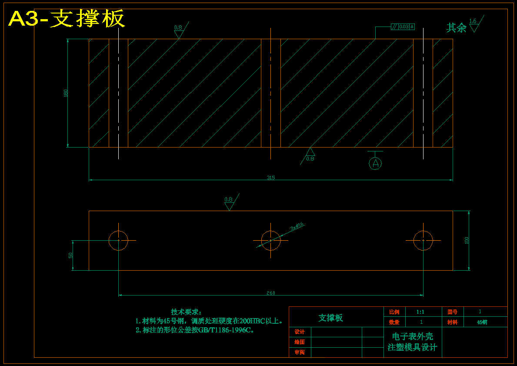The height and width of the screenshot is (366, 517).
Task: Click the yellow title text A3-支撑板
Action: pos(67,19)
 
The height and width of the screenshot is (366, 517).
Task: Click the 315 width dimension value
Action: pos(271,178)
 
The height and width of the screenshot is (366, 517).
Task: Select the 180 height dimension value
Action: pos(66,93)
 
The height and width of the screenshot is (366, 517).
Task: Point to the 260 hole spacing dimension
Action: pos(271,293)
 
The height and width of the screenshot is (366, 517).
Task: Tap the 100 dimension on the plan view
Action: pos(467,240)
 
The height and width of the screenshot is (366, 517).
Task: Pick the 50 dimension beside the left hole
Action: pos(70,255)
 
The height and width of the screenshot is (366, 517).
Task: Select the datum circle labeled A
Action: pos(375,164)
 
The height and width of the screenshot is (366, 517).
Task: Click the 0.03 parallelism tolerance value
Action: pos(404,27)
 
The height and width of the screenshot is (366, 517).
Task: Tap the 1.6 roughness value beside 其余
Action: pos(473,21)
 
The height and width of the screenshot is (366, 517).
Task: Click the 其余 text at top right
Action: pos(456,28)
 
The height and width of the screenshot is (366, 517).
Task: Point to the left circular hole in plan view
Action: pos(118,241)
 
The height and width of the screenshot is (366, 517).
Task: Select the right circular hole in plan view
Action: pos(423,241)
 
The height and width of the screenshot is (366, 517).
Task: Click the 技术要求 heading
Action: pos(186,312)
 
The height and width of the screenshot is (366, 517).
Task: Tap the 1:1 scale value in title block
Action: pos(420,312)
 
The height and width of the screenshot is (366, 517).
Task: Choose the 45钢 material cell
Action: pos(482,322)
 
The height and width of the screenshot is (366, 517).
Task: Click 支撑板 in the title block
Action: pos(330,318)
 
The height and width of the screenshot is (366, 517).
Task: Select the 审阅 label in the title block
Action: pos(300,353)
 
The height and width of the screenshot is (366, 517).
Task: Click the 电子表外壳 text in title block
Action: pos(412,337)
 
